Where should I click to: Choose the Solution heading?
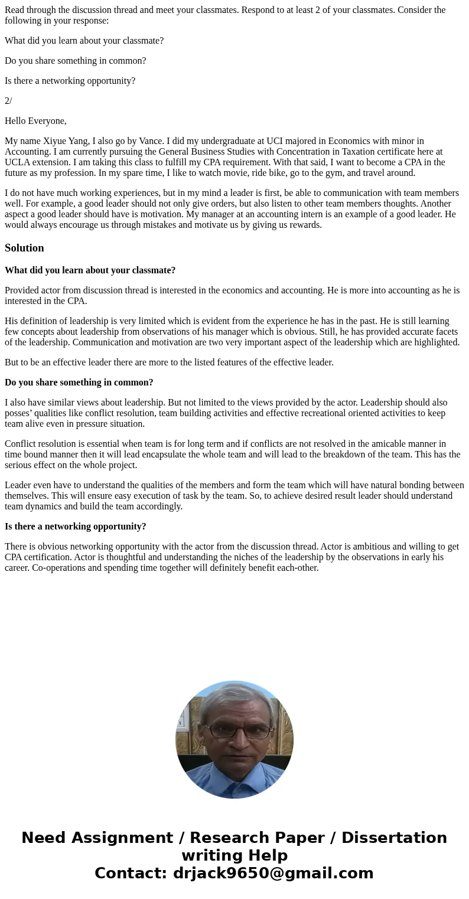tap(24, 248)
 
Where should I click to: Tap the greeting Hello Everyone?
tap(35, 121)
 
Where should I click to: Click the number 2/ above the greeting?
tap(8, 101)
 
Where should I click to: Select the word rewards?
tap(303, 225)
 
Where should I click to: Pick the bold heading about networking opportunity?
tap(75, 527)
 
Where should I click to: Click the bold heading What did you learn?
tap(90, 270)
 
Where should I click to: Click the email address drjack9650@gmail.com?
tap(273, 873)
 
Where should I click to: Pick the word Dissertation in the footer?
tap(394, 838)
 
